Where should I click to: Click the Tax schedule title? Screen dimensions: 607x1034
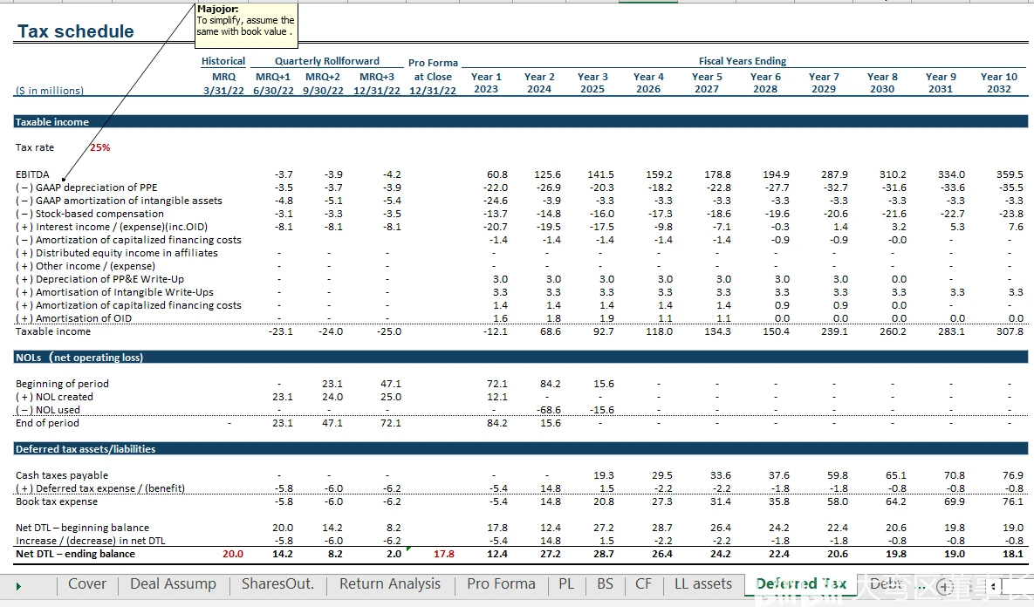tap(76, 31)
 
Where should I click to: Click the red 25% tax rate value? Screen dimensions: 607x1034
tap(99, 147)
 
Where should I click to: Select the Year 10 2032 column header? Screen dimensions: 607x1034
tap(998, 83)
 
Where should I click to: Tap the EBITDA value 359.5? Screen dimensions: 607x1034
tap(1010, 174)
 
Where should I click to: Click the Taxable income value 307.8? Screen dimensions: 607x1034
tap(1010, 331)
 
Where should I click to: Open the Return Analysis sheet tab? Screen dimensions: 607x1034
tap(389, 584)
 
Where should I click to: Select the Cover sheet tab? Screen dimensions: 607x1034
tap(87, 584)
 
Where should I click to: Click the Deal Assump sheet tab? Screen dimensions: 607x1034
tap(173, 584)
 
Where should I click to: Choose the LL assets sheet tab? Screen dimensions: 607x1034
tap(703, 584)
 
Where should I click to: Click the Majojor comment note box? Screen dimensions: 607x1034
tap(246, 22)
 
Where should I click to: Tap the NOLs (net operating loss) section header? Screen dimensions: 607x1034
tap(79, 358)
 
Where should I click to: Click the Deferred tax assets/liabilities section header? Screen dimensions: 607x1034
tap(86, 449)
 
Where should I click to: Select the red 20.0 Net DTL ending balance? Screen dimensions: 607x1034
tap(233, 554)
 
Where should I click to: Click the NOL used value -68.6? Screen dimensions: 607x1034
tap(547, 410)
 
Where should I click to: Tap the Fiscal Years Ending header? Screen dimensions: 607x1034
tap(742, 61)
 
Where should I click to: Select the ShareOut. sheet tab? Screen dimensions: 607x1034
tap(277, 584)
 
